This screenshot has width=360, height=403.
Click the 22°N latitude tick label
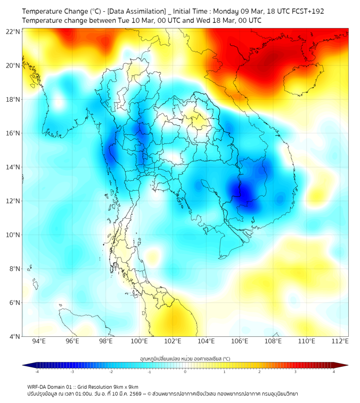coord(13,31)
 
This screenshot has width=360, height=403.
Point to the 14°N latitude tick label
coord(13,167)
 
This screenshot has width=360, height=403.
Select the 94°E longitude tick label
coord(39,341)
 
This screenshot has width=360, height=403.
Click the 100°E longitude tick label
coord(140,341)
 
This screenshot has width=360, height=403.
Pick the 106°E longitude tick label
coord(240,341)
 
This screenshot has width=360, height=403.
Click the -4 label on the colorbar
coord(37,372)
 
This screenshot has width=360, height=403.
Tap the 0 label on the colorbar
coord(185,372)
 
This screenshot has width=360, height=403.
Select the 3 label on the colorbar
coord(296,372)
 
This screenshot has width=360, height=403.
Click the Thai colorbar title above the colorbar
coord(185,358)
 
